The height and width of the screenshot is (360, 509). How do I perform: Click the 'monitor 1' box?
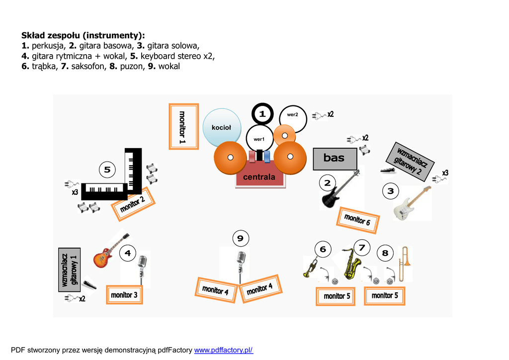(x=183, y=126)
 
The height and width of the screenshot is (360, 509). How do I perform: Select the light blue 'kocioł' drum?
(x=221, y=128)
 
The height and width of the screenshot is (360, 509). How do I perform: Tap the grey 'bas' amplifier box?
(x=335, y=158)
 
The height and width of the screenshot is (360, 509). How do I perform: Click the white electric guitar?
(x=411, y=204)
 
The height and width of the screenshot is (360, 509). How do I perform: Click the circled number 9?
(x=240, y=239)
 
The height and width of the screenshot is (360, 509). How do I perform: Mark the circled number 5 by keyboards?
(x=107, y=170)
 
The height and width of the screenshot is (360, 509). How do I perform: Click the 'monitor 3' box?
(x=124, y=295)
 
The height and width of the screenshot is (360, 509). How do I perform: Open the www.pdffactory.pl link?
(x=223, y=350)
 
